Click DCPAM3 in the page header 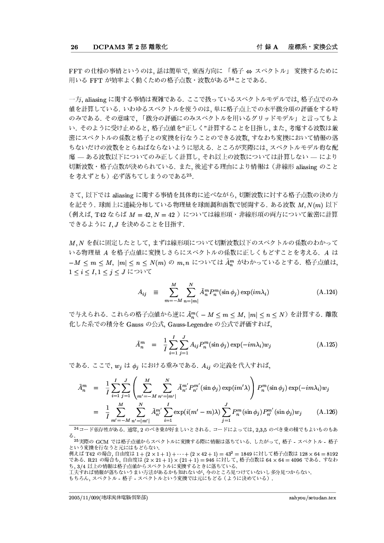pyautogui.click(x=107, y=47)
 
